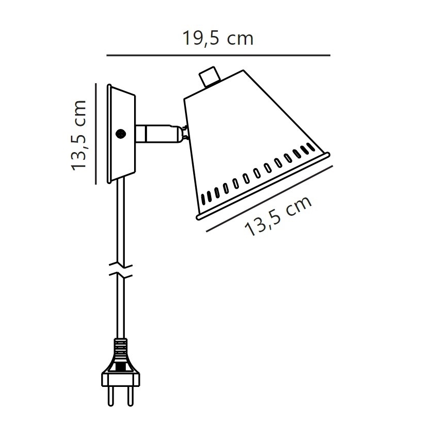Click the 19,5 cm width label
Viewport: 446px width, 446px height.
coord(218,38)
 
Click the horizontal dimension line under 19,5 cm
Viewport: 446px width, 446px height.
coord(218,55)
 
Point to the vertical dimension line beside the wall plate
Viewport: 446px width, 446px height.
coord(96,134)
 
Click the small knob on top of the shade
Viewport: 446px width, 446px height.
coord(209,76)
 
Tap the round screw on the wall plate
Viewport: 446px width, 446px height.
coord(121,134)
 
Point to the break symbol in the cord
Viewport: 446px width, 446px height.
coord(122,271)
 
